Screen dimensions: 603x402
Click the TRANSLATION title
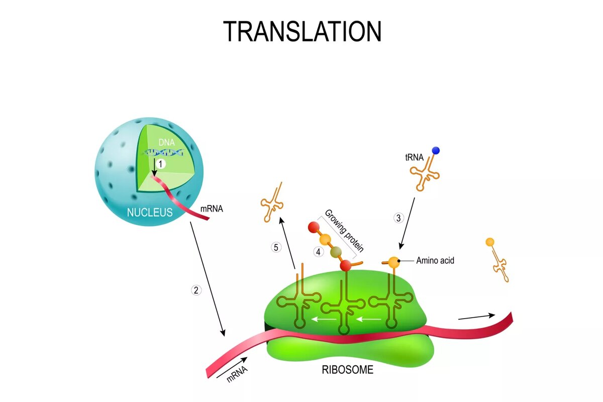pyautogui.click(x=302, y=32)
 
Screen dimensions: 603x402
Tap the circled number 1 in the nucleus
pyautogui.click(x=160, y=164)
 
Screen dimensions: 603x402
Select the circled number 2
pyautogui.click(x=196, y=290)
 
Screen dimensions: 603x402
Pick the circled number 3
pyautogui.click(x=398, y=218)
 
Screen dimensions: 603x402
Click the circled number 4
pyautogui.click(x=318, y=251)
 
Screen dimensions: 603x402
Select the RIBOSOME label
pyautogui.click(x=347, y=370)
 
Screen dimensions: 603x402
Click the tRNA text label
pyautogui.click(x=414, y=158)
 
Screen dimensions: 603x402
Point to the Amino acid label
pyautogui.click(x=435, y=261)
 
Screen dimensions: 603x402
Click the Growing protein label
pyautogui.click(x=344, y=230)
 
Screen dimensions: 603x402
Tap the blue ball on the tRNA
pyautogui.click(x=435, y=150)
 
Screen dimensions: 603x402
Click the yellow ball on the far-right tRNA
pyautogui.click(x=489, y=242)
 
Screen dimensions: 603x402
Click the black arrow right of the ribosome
pyautogui.click(x=476, y=317)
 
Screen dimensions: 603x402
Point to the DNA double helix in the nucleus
pyautogui.click(x=163, y=153)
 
